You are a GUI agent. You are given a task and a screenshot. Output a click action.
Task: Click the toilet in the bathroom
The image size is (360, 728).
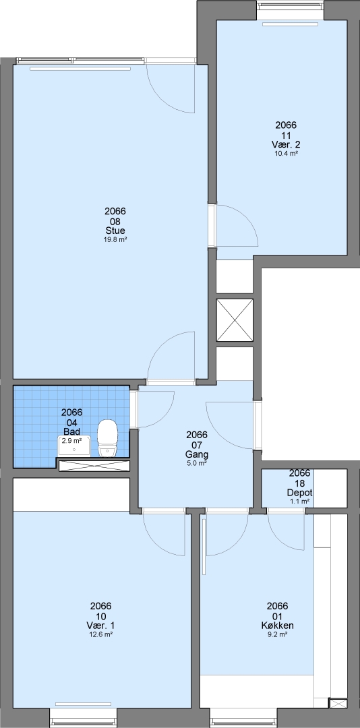(107, 438)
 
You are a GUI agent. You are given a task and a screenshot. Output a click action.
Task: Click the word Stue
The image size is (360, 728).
(115, 231)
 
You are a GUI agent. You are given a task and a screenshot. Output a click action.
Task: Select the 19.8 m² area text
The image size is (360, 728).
(115, 239)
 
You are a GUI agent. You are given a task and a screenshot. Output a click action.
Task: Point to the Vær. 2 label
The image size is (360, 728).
(286, 144)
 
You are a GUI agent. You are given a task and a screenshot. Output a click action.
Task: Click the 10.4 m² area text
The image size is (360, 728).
(286, 153)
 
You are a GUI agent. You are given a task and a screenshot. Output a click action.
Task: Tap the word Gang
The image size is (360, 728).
(196, 454)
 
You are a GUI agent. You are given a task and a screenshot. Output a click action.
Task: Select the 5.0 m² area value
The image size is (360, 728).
(196, 463)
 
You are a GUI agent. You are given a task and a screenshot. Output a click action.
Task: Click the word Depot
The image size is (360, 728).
(299, 493)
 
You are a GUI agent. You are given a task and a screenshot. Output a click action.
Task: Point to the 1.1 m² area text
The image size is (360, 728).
(299, 502)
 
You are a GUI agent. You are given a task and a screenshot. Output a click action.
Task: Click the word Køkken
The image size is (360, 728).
(277, 626)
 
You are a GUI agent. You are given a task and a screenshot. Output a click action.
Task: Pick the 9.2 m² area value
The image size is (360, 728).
(277, 634)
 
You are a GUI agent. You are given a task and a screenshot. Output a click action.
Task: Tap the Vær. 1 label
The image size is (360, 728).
(101, 626)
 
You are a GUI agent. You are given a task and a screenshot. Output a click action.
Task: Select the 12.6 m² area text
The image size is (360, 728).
(101, 634)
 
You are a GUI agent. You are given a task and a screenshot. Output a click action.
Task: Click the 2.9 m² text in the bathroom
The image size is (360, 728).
(72, 440)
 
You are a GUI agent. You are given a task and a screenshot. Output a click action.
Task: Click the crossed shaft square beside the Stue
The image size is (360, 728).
(235, 320)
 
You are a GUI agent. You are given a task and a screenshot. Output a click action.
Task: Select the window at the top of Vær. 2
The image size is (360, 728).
(291, 6)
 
